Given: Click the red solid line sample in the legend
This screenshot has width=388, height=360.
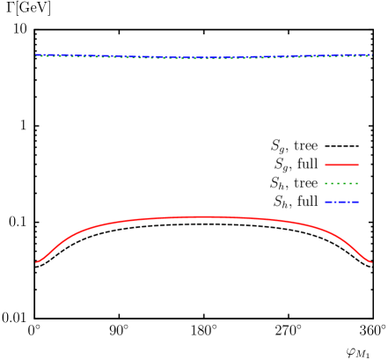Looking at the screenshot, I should point(341,165).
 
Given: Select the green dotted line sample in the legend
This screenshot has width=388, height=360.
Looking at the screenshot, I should point(341,183).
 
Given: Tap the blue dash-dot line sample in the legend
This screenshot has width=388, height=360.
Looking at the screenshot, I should point(341,202).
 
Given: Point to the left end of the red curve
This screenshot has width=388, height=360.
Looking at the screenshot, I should point(36,262).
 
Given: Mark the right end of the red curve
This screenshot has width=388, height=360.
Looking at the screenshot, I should point(371,262).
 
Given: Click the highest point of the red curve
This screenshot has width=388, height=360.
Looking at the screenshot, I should point(204,217).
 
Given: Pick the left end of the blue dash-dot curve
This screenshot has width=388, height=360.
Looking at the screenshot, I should point(36,55).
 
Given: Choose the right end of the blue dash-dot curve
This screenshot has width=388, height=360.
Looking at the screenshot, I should point(371,55).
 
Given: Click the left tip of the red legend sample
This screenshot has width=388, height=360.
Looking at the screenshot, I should point(326,165).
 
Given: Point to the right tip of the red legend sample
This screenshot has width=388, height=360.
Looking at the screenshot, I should point(358,165).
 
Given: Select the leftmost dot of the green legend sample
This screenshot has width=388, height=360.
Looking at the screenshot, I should point(326,183).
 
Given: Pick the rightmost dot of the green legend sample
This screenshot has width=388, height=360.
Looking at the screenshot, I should point(357,183).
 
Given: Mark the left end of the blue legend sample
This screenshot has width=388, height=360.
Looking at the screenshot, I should point(326,202).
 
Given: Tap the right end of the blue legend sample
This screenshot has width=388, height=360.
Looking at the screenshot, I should point(358,202).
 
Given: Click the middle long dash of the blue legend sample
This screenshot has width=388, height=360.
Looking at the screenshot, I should point(341,202).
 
